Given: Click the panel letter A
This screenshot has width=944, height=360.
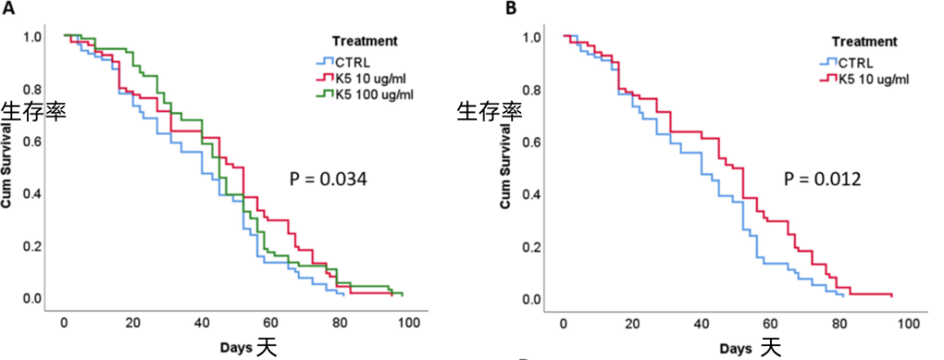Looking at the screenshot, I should pyautogui.click(x=7, y=10).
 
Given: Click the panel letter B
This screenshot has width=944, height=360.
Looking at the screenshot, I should pyautogui.click(x=512, y=10).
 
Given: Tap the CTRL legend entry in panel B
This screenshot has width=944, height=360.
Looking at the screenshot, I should pyautogui.click(x=852, y=62).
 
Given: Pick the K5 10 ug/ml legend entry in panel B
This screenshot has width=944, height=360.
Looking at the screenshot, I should pyautogui.click(x=870, y=79).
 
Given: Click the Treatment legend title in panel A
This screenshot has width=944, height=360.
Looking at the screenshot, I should pyautogui.click(x=365, y=40).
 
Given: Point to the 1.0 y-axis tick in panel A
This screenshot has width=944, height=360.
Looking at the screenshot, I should pyautogui.click(x=32, y=37).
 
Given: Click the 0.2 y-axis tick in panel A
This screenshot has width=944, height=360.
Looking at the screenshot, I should pyautogui.click(x=32, y=246).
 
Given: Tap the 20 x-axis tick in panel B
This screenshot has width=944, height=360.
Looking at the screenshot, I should pyautogui.click(x=632, y=323).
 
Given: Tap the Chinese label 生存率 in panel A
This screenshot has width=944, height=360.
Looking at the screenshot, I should pyautogui.click(x=33, y=112).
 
